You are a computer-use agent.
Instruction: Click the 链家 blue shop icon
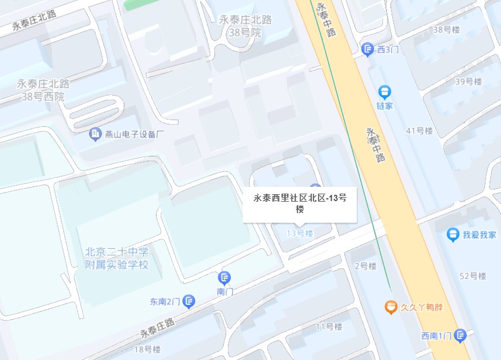[x=385, y=91]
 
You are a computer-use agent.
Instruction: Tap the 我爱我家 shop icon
[x=453, y=234]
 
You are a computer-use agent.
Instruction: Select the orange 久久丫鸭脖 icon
[x=390, y=308]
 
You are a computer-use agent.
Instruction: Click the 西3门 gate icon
[x=368, y=50]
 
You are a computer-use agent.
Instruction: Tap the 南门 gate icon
[x=225, y=278]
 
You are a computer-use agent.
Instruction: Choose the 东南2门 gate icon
[x=189, y=301]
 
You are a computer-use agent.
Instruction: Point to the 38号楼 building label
[x=446, y=29]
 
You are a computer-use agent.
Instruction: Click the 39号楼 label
[x=469, y=82]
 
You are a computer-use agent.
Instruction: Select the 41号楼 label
[x=419, y=130]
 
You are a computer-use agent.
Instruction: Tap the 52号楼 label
[x=473, y=276]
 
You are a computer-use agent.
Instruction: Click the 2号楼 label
[x=365, y=266]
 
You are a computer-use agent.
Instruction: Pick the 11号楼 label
[x=329, y=326]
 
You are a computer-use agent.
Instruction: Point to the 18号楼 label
[x=147, y=349]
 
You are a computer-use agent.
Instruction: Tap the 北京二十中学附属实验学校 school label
[x=117, y=258]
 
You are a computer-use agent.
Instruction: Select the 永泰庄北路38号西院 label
[x=43, y=90]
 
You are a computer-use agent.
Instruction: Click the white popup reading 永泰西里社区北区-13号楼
[x=300, y=203]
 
